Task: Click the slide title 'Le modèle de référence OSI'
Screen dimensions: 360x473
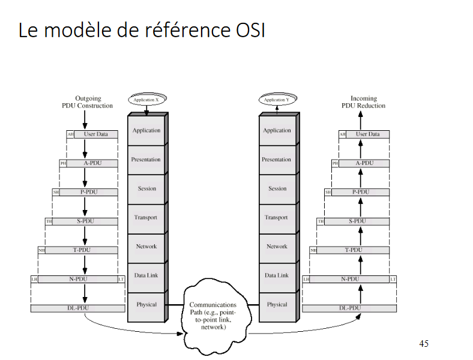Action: coord(142,30)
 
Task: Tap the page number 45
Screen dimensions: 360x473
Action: coord(424,344)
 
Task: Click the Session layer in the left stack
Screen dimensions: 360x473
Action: coord(146,188)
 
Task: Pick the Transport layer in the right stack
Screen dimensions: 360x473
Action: coord(277,217)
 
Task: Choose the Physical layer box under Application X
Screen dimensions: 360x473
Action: coord(146,304)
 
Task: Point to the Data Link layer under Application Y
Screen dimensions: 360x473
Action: coord(277,275)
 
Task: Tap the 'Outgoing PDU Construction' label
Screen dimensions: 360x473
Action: coord(87,102)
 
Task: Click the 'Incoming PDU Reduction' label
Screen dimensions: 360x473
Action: coord(363,102)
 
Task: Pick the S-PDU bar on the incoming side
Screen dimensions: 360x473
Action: coord(357,221)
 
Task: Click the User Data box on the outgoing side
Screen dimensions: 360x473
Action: coord(95,134)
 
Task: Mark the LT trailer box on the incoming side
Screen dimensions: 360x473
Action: coord(393,280)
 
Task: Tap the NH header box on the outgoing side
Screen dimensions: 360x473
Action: coord(41,250)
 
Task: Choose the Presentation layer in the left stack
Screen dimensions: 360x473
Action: coord(146,160)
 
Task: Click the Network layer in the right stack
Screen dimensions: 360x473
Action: coord(277,247)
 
